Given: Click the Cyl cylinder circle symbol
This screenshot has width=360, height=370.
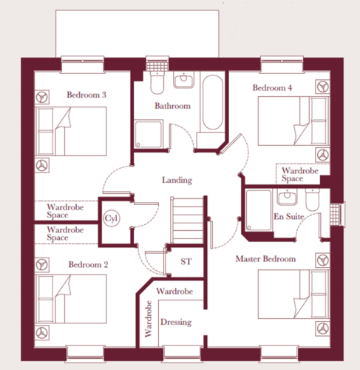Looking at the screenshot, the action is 112,218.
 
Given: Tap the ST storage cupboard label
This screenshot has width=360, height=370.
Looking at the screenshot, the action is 186,261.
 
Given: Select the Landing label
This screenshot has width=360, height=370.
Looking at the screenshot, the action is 177,180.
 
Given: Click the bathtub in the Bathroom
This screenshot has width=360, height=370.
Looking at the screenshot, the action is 213,102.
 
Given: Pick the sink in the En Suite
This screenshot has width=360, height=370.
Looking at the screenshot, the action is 287,197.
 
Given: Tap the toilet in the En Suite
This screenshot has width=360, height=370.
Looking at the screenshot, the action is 313,199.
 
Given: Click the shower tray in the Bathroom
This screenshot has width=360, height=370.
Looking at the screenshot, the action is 149,134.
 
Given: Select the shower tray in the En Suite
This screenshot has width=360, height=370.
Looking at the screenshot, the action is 259,210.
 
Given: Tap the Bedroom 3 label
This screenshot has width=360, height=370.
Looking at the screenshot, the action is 86,95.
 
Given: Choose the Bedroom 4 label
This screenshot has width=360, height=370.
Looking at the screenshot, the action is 272,88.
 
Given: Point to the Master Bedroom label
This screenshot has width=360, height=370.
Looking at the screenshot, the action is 265,259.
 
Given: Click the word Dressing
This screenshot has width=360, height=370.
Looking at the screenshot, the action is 176,322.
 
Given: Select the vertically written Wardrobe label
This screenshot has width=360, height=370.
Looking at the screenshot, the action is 148,319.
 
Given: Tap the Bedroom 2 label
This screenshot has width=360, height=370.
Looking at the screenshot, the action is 88,265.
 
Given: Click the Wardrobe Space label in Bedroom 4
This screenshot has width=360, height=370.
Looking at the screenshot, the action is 300,174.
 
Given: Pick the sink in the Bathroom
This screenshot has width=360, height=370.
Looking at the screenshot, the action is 183,79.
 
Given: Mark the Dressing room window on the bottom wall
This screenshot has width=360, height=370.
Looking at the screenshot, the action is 182,354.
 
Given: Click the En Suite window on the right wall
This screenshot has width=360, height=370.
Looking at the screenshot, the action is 338,214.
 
